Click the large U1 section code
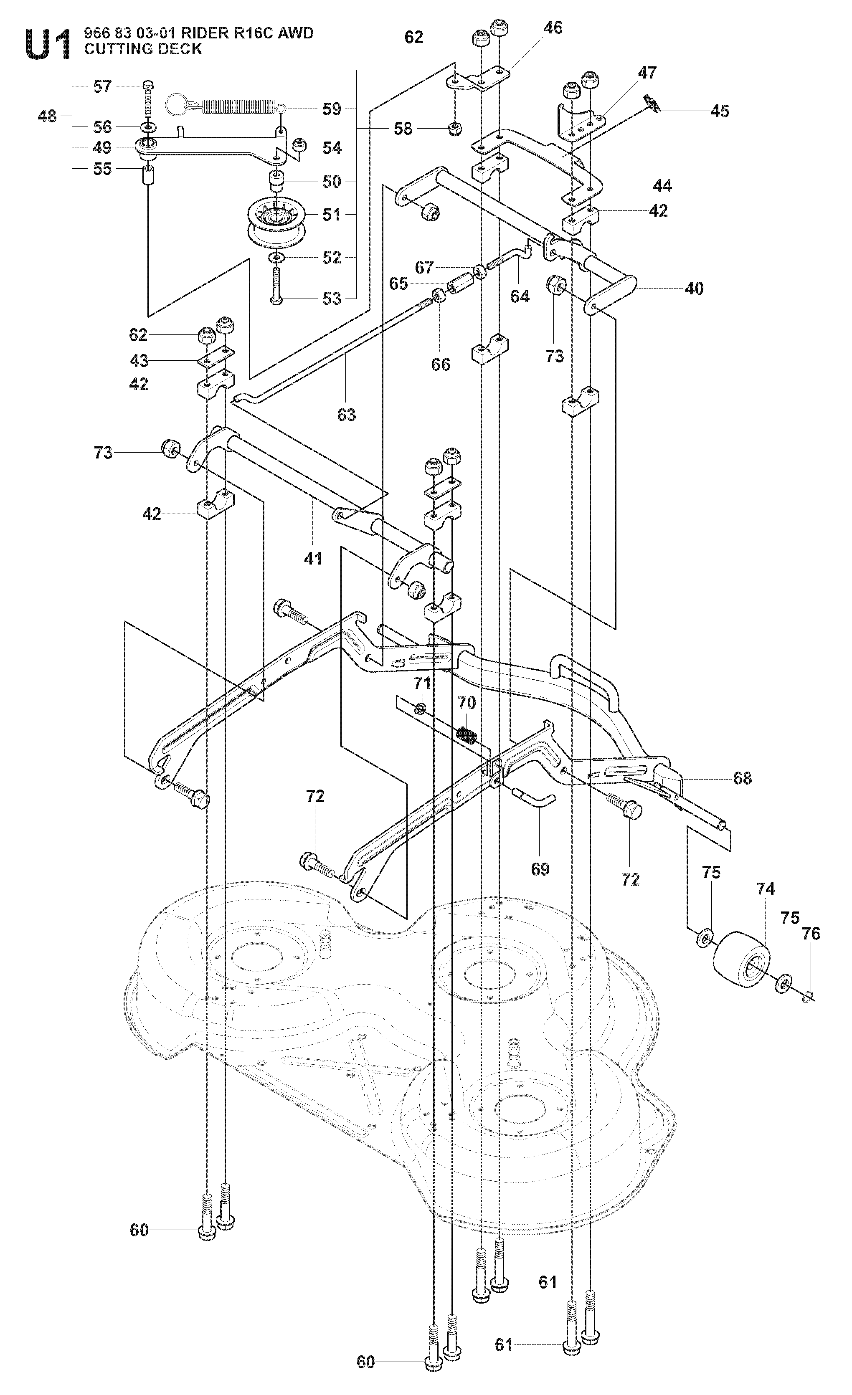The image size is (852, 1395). pos(49,45)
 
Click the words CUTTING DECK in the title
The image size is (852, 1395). pos(143,49)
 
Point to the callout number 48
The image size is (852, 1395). pos(48,116)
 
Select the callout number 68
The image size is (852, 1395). pos(742,778)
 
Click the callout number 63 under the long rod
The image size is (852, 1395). pos(347,415)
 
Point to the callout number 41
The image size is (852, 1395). pos(313,558)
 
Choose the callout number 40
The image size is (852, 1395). pos(694,289)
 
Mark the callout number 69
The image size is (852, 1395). pos(540,869)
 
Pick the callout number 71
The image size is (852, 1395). pos(422,684)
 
